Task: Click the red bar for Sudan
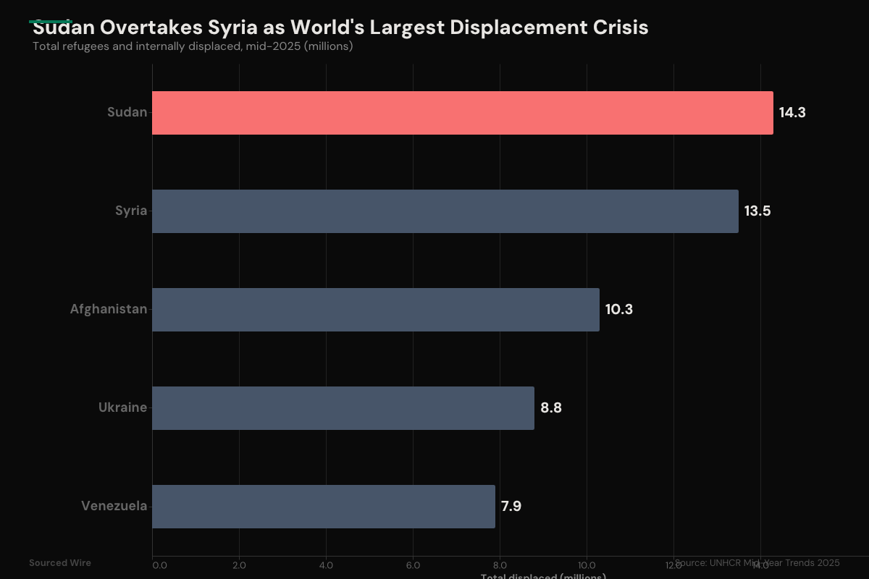pos(462,113)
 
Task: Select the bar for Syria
pos(445,211)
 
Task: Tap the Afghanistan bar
pos(375,310)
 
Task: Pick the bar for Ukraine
pos(343,408)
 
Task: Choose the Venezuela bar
pos(323,507)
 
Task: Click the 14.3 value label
pos(792,113)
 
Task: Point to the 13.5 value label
pos(757,211)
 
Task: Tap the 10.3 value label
pos(619,310)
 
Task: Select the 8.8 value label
pos(551,408)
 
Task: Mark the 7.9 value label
pos(511,507)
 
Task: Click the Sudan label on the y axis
pos(127,112)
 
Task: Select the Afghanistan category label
pos(108,309)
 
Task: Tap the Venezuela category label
pos(114,506)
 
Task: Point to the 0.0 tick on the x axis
pos(159,565)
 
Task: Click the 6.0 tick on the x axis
pos(413,565)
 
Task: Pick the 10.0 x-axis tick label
pos(587,565)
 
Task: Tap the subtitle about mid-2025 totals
pos(193,46)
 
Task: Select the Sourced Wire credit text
pos(60,563)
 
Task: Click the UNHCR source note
pos(757,563)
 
